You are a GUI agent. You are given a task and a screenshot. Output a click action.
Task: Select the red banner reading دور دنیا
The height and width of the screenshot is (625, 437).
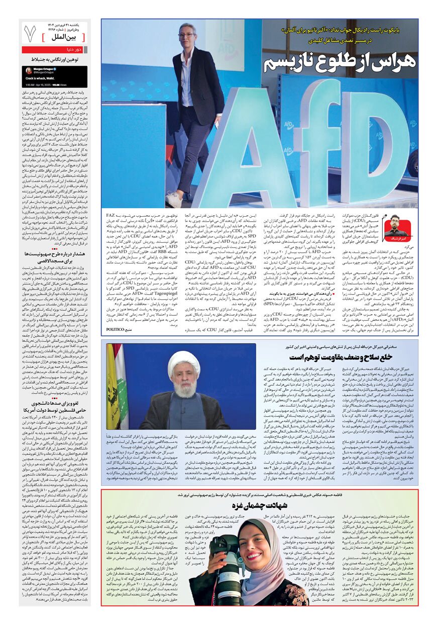pyautogui.click(x=54, y=50)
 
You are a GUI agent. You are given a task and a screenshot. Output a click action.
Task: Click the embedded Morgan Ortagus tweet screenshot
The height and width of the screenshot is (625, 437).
pyautogui.click(x=54, y=77)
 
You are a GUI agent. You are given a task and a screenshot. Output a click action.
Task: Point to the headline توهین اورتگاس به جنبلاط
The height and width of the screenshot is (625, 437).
pyautogui.click(x=54, y=60)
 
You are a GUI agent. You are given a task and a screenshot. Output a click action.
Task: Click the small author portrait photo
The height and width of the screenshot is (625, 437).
pyautogui.click(x=394, y=226)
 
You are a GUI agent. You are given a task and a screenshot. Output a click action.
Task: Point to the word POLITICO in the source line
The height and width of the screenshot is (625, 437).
pyautogui.click(x=119, y=329)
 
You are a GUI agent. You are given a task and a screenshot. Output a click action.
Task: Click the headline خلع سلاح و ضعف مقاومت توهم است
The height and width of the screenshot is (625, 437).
pyautogui.click(x=333, y=356)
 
